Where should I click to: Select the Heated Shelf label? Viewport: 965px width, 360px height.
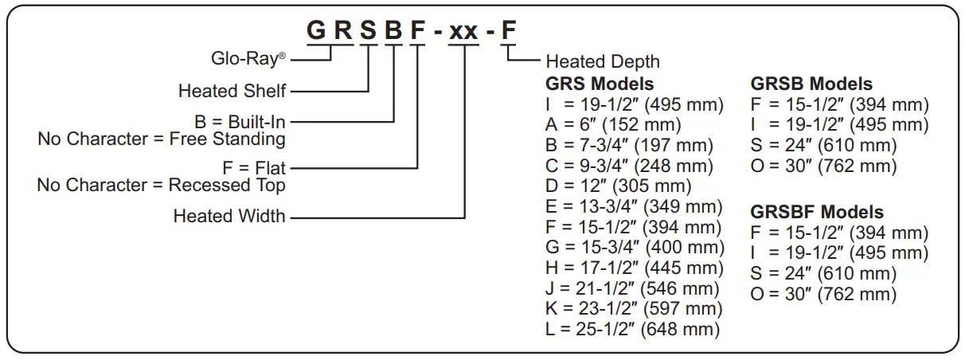pos(232,91)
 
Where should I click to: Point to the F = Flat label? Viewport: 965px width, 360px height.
pos(254,169)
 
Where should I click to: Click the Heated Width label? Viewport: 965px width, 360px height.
pos(229,216)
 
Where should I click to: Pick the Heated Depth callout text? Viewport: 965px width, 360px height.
pos(603,61)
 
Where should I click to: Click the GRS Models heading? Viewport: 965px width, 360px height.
pos(600,84)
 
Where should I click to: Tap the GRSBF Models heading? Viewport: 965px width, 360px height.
pos(817,212)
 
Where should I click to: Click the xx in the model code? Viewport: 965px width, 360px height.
pos(463,31)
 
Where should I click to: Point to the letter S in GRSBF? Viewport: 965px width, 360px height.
pos(368,31)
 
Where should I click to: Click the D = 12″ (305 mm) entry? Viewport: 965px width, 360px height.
pos(618,186)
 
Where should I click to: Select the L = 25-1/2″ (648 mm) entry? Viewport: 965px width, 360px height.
pos(633,329)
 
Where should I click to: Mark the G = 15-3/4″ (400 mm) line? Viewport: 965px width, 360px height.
pos(635,248)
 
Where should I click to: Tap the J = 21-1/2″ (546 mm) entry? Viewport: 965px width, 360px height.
pos(633,288)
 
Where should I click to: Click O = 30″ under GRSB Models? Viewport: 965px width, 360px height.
pos(824,166)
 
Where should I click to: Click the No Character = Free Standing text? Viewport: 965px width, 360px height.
pos(162,139)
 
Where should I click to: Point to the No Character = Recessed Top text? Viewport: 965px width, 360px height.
pos(162,186)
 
